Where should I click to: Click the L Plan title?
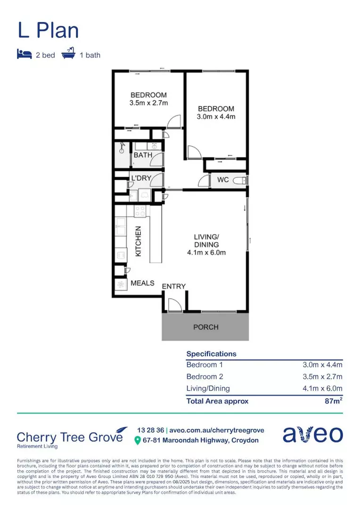(x=48, y=30)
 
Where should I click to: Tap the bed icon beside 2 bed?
(x=24, y=55)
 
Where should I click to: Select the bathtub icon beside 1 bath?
(x=69, y=54)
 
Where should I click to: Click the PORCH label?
(x=205, y=327)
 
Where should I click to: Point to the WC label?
(x=223, y=180)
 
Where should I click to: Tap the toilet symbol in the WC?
(x=241, y=180)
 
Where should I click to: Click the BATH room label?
(x=143, y=155)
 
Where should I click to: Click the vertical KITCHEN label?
(x=139, y=241)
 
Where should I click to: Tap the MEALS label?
(x=142, y=283)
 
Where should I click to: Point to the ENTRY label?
(x=174, y=286)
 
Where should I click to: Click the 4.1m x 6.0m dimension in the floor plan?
(x=206, y=253)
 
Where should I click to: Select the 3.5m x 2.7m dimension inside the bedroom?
(x=148, y=103)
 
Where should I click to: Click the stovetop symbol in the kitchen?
(x=140, y=211)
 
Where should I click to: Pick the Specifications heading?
(x=212, y=353)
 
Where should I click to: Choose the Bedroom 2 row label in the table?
(x=205, y=377)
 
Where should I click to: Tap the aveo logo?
(x=312, y=435)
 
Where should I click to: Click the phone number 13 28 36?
(x=150, y=430)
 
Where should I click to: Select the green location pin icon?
(x=138, y=441)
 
